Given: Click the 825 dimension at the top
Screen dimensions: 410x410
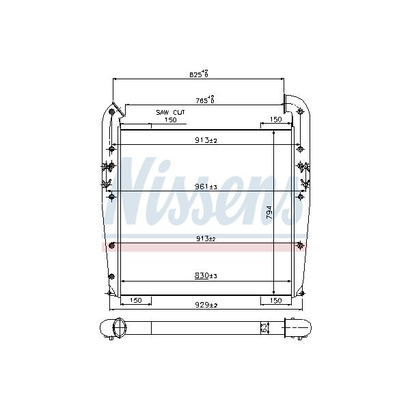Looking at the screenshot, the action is pos(199,74).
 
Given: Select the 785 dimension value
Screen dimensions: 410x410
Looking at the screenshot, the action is pos(205,100).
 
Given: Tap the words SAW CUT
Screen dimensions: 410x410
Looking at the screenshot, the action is pos(170,113).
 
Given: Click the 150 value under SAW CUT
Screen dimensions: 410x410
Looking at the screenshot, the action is pos(170,120).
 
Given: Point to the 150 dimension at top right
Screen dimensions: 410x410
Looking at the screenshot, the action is pos(275,120).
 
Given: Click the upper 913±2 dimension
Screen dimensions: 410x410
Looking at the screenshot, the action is pos(206,140).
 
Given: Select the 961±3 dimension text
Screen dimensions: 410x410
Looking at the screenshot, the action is pos(206,187).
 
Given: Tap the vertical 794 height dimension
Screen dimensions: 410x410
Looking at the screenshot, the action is pos(269,213).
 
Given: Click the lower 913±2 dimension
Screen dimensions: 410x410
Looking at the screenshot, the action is pos(206,238).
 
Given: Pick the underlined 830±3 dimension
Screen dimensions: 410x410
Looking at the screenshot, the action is pos(206,275).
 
